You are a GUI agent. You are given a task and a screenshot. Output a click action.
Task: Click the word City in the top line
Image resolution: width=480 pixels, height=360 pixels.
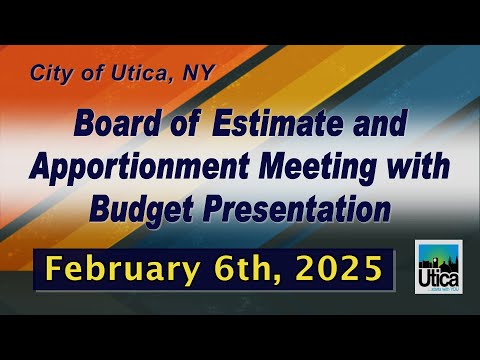[51, 73]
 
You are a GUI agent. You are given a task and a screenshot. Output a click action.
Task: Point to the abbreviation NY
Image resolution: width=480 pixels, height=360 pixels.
[198, 72]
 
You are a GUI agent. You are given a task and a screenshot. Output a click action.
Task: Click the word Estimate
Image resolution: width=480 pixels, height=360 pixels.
[277, 123]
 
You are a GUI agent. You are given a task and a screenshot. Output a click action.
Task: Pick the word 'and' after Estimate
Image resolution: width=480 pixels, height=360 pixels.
[380, 123]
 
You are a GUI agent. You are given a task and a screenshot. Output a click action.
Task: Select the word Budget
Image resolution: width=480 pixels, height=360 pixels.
[141, 210]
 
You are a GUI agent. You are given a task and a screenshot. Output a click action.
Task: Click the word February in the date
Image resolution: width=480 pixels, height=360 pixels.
[123, 269]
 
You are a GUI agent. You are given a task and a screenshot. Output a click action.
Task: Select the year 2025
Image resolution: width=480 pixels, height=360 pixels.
[339, 268]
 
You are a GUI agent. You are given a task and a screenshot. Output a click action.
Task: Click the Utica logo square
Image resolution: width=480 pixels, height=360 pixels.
[438, 267]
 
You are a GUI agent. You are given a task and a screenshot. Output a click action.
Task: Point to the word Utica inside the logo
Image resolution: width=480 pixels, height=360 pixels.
[438, 279]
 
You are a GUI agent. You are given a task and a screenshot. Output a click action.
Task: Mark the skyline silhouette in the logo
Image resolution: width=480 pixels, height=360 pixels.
[438, 264]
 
